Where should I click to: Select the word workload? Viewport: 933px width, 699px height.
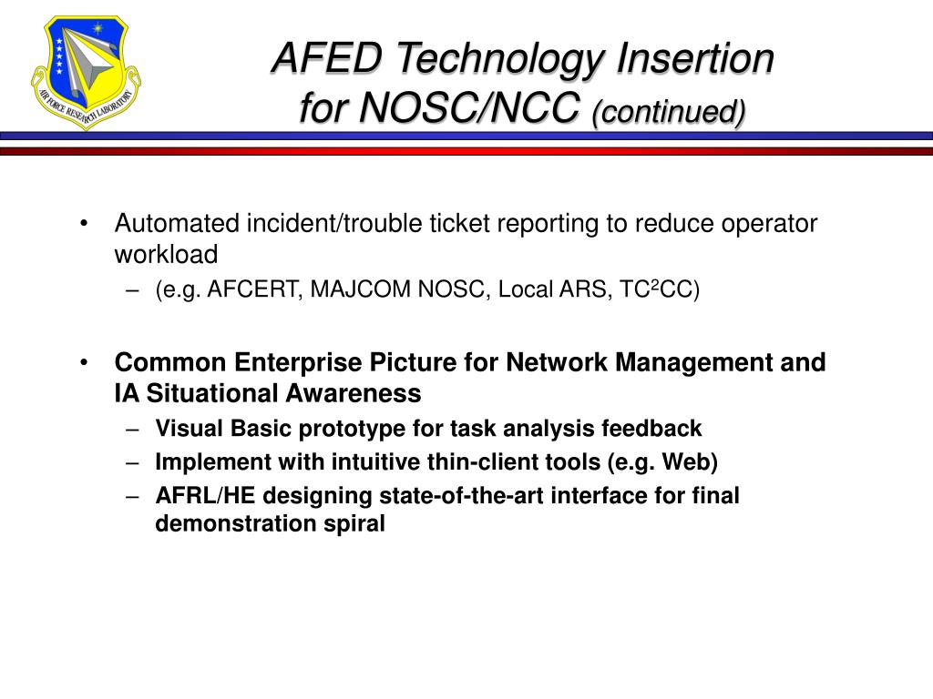pyautogui.click(x=167, y=254)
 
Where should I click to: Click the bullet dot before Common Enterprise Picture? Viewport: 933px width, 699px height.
pyautogui.click(x=84, y=362)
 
